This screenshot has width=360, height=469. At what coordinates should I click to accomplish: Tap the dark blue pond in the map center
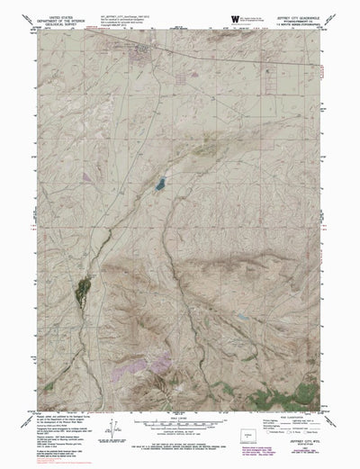pos(159,185)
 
